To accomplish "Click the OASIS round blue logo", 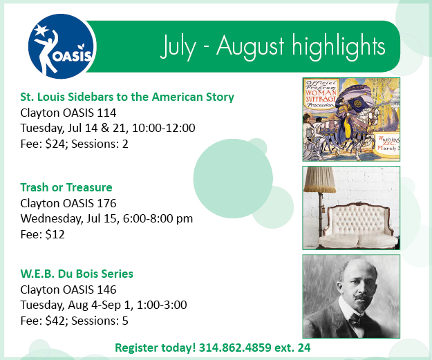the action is pyautogui.click(x=62, y=46).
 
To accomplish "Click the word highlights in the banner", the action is pyautogui.click(x=338, y=46).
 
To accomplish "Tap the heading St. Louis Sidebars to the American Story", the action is pyautogui.click(x=127, y=97).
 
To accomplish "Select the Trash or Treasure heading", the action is pyautogui.click(x=66, y=187).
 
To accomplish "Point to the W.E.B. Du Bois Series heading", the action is pyautogui.click(x=77, y=274).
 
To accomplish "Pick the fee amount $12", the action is pyautogui.click(x=55, y=234).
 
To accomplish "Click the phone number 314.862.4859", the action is pyautogui.click(x=235, y=348).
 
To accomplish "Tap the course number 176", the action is pyautogui.click(x=106, y=203).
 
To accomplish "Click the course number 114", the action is pyautogui.click(x=106, y=113).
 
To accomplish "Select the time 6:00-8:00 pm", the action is pyautogui.click(x=158, y=219).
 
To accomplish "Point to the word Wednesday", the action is pyautogui.click(x=52, y=219).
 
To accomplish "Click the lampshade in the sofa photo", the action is pyautogui.click(x=319, y=180).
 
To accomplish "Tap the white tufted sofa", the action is pyautogui.click(x=358, y=225).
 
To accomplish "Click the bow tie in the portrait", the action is pyautogui.click(x=355, y=321).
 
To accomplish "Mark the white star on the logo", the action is pyautogui.click(x=41, y=30).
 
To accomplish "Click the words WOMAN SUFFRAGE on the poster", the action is pyautogui.click(x=321, y=95).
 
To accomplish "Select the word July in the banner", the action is pyautogui.click(x=178, y=46).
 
